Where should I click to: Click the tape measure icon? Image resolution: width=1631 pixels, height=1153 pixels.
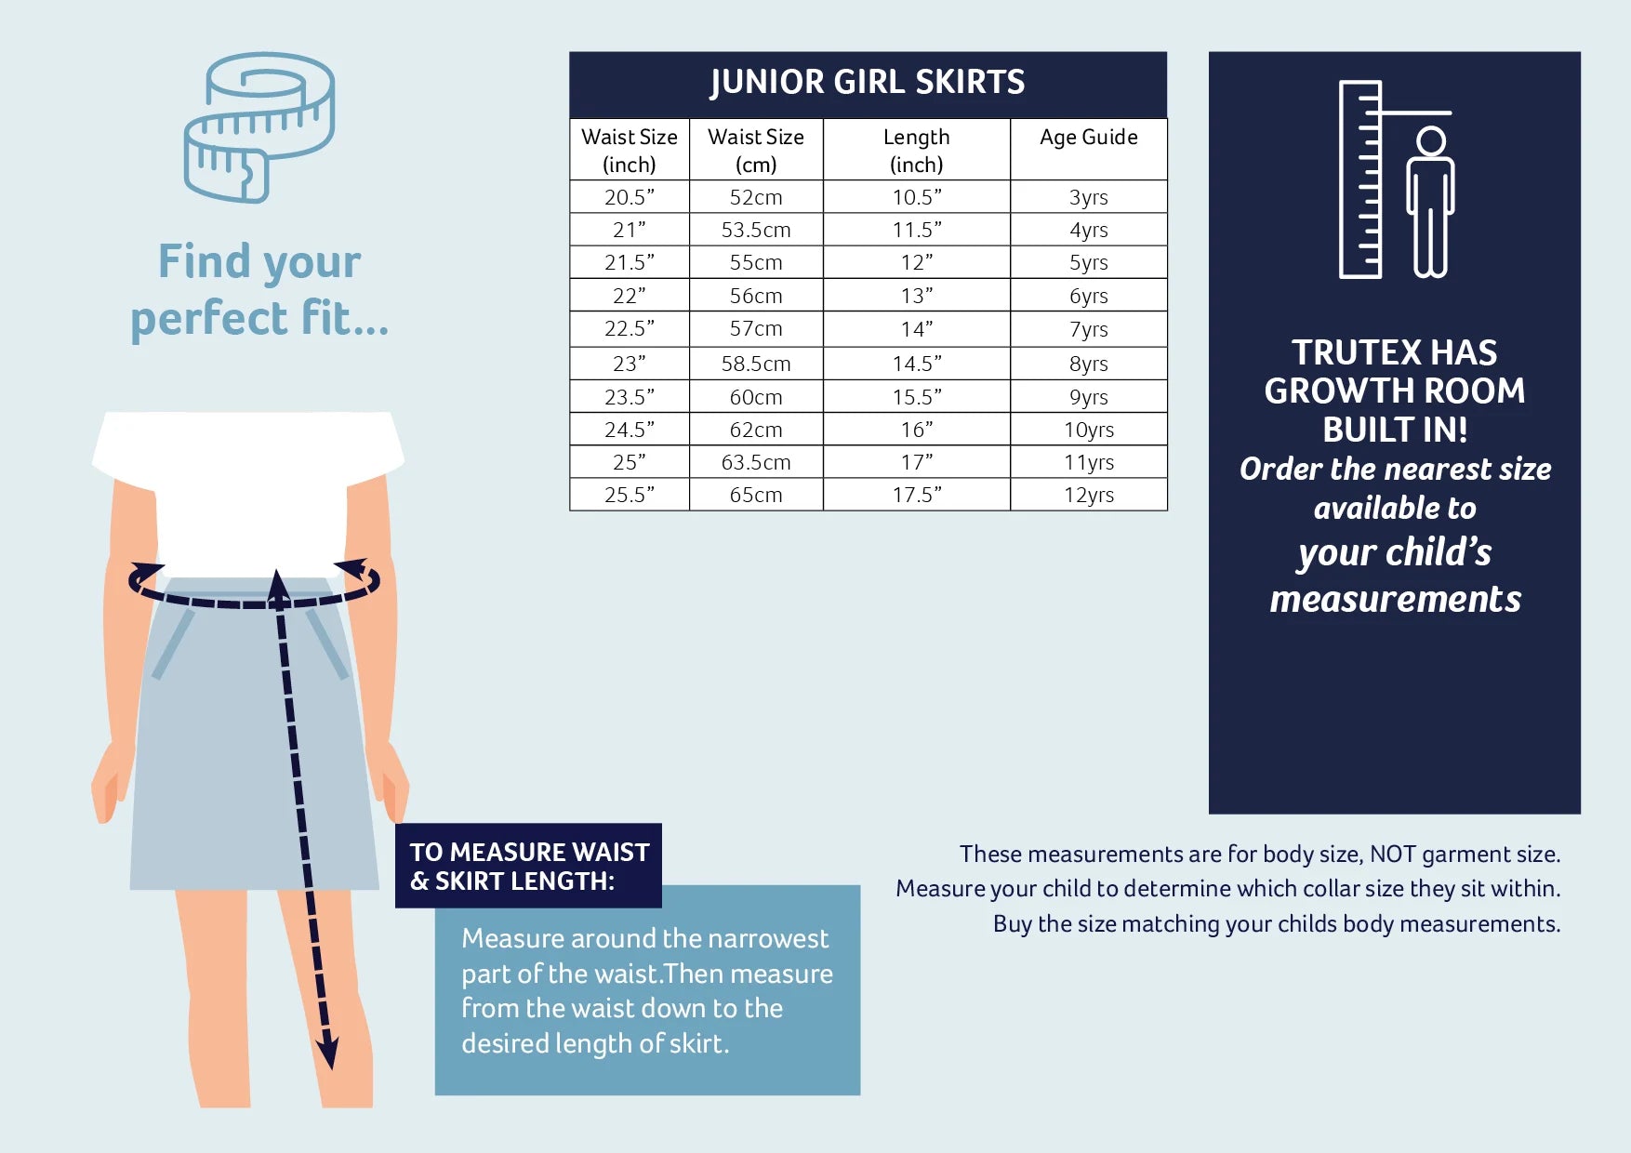[x=259, y=127]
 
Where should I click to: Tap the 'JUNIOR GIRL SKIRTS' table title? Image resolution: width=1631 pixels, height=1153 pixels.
[x=868, y=83]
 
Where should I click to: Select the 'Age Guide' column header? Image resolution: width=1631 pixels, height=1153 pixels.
[x=1088, y=138]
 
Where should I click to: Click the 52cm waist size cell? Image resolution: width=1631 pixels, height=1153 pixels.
[x=756, y=197]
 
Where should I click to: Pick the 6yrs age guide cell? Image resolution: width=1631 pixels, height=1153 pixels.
[x=1088, y=296]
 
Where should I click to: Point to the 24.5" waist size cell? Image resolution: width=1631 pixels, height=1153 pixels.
[x=630, y=430]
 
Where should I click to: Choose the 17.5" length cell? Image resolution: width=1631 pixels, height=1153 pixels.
[x=917, y=495]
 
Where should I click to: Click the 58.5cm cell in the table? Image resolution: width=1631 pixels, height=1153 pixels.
[x=756, y=364]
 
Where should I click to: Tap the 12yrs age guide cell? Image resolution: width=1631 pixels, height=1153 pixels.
[x=1088, y=495]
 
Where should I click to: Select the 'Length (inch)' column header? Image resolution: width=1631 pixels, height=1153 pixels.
[x=917, y=151]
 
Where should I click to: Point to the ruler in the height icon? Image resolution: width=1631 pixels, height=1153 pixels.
[x=1360, y=179]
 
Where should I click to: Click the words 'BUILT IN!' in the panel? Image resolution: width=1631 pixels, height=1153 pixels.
[x=1395, y=430]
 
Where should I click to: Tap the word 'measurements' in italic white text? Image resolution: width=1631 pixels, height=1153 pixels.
[x=1395, y=599]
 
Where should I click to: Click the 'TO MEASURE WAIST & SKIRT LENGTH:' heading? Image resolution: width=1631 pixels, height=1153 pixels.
[x=529, y=866]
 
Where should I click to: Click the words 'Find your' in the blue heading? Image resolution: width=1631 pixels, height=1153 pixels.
[x=259, y=262]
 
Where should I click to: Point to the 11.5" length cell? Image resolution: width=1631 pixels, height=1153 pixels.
[x=917, y=230]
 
